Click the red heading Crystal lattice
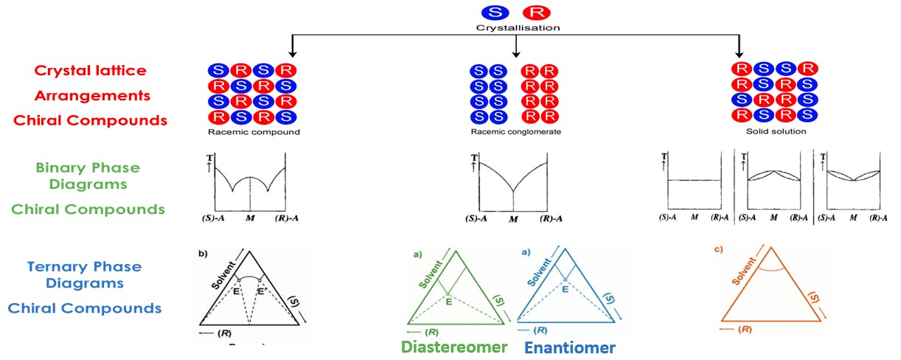click(x=90, y=71)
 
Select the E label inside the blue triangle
click(x=565, y=289)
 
